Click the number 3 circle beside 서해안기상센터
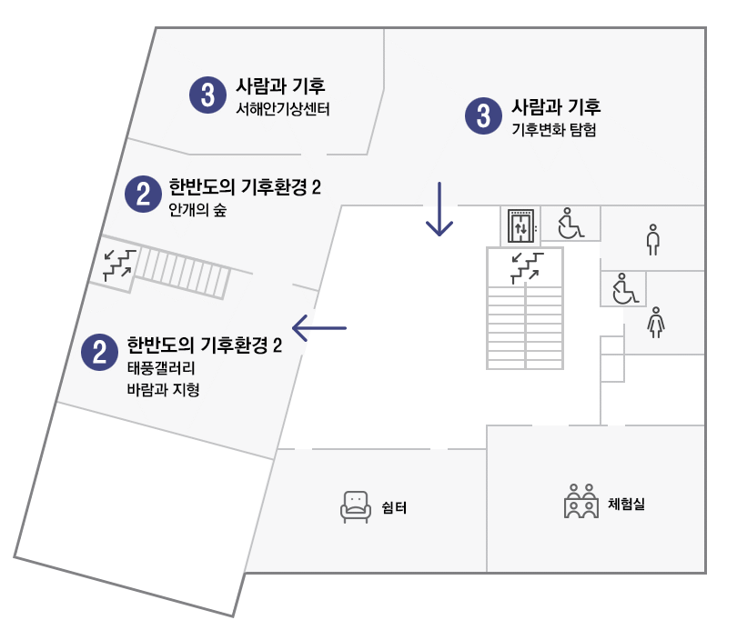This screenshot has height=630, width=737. pyautogui.click(x=208, y=94)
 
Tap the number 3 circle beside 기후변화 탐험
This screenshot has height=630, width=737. pyautogui.click(x=483, y=115)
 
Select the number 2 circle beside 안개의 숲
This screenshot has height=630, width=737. pyautogui.click(x=143, y=194)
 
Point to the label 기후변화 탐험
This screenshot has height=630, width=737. pyautogui.click(x=554, y=130)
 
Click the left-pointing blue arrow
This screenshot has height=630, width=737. pyautogui.click(x=319, y=326)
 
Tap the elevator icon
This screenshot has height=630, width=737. pyautogui.click(x=521, y=226)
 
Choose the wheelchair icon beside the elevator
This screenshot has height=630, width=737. pyautogui.click(x=570, y=224)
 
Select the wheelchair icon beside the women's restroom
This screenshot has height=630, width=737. pyautogui.click(x=624, y=289)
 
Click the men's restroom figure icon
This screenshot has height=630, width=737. pyautogui.click(x=651, y=238)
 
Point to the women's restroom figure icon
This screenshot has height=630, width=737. pyautogui.click(x=655, y=322)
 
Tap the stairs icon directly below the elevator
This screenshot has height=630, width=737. pyautogui.click(x=525, y=266)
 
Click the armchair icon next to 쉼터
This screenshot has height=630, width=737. pyautogui.click(x=356, y=506)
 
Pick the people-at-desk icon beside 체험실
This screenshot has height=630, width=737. pyautogui.click(x=581, y=501)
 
